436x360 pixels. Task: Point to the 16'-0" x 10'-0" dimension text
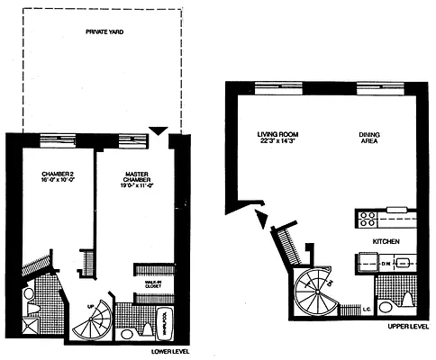[x=56, y=181]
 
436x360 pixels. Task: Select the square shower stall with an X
[x=32, y=326]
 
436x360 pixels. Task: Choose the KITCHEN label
[x=388, y=243]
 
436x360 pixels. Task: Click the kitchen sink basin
[x=404, y=264]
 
